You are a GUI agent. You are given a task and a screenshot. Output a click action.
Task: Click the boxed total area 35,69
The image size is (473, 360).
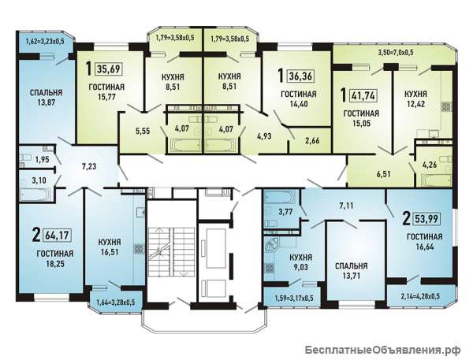pos(109,69)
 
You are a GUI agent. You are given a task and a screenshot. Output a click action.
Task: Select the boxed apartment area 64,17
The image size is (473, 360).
pos(58,235)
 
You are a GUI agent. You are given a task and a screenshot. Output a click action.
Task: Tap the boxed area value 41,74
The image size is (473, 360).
pos(363,95)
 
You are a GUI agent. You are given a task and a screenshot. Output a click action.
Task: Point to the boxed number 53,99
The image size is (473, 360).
pos(426,218)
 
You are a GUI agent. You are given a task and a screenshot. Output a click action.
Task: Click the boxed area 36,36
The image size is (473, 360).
pos(301,76)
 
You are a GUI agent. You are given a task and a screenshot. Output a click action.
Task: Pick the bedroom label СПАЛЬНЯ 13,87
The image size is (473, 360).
pos(47,98)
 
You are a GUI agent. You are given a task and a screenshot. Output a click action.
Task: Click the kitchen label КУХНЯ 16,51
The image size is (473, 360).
pos(110,247)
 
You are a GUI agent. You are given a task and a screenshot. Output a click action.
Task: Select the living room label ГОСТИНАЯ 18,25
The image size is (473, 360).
pos(55,258)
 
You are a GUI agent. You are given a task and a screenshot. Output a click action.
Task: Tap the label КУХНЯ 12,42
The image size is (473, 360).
pos(415,99)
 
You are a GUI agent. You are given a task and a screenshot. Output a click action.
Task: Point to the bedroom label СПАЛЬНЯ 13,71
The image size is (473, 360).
pos(352,271)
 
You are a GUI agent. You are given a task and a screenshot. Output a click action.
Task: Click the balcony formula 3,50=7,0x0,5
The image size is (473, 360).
pos(396,53)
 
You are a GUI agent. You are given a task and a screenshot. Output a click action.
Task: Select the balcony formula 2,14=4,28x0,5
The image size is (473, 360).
pos(420,296)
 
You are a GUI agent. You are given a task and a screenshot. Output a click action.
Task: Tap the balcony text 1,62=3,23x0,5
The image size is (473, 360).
pos(45,41)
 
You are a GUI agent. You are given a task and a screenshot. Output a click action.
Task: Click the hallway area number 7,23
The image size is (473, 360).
pos(89,166)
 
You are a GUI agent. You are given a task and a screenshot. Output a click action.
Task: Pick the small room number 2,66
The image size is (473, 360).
pos(312,140)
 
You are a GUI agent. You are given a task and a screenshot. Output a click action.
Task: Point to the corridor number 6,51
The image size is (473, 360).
pos(383,174)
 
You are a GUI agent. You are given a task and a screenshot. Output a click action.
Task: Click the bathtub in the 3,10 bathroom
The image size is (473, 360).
pos(34,195)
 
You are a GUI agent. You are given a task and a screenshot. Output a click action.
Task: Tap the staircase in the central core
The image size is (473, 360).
pos(171,251)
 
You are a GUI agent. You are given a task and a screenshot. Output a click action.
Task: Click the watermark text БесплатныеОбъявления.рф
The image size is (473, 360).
pos(382,350)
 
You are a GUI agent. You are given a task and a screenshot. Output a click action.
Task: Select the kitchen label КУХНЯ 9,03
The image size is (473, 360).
pos(301,262)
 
